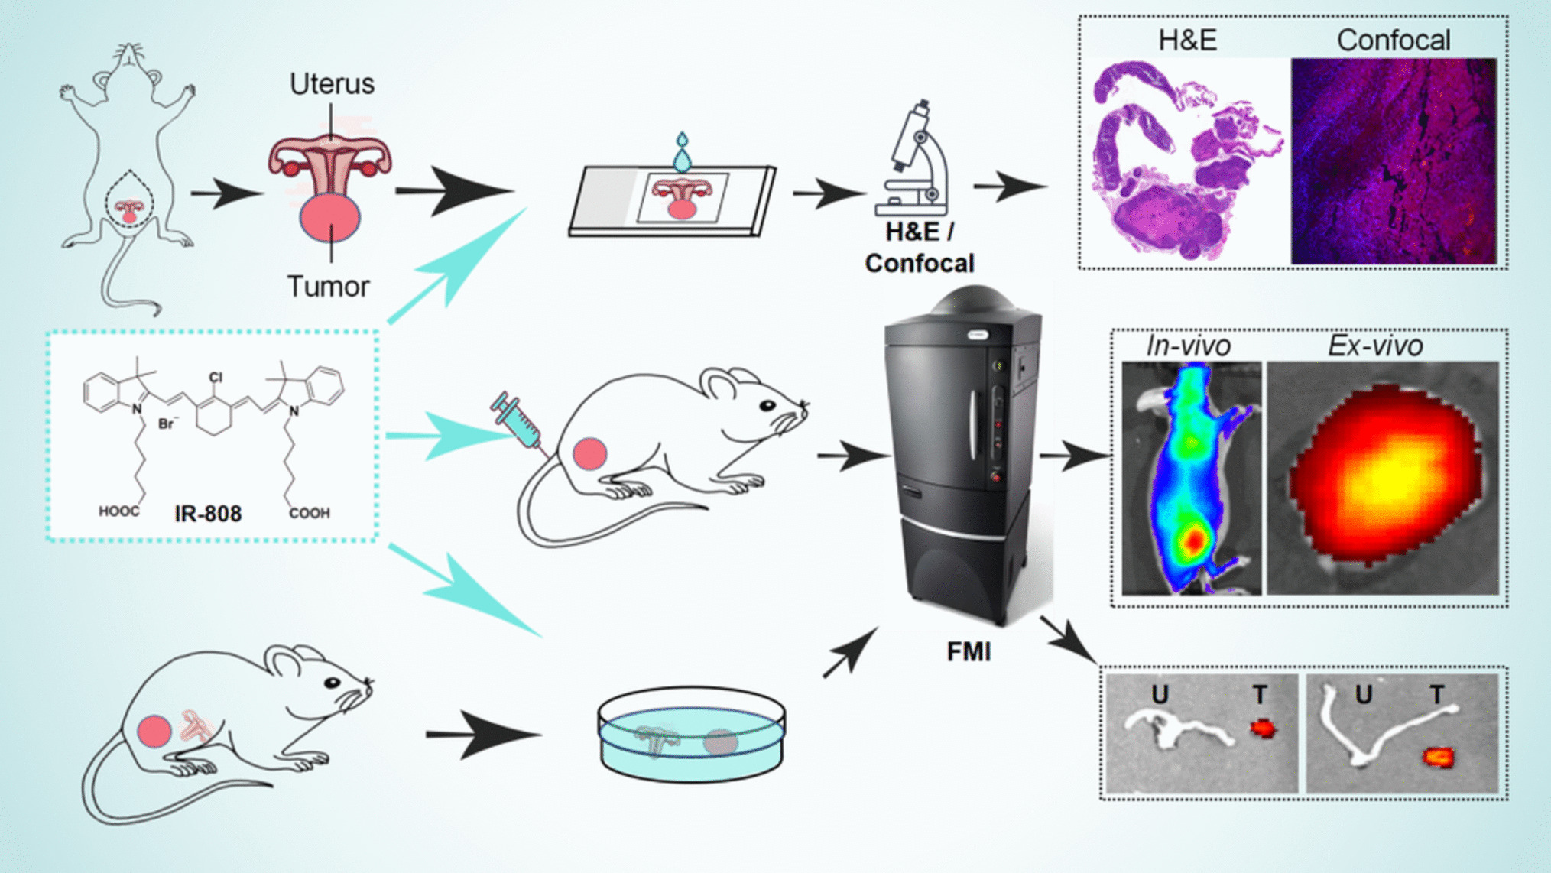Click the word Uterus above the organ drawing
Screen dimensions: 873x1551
click(x=332, y=84)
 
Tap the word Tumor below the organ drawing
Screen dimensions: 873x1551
click(x=328, y=287)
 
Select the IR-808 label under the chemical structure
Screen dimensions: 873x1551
click(x=208, y=514)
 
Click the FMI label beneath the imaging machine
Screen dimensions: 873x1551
click(x=969, y=652)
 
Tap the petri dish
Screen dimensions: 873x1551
click(x=691, y=735)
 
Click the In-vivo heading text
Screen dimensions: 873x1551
click(x=1188, y=346)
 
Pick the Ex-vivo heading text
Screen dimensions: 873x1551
click(x=1374, y=346)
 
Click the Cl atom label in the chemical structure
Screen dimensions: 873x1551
click(x=216, y=377)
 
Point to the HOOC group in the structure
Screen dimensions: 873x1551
click(x=118, y=511)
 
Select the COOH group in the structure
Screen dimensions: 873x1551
click(x=310, y=513)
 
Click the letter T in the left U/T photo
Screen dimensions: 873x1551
click(x=1259, y=695)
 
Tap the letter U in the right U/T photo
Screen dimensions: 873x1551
click(x=1363, y=695)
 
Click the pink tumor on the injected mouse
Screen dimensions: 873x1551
click(x=590, y=454)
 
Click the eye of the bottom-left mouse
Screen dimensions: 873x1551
click(x=333, y=683)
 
